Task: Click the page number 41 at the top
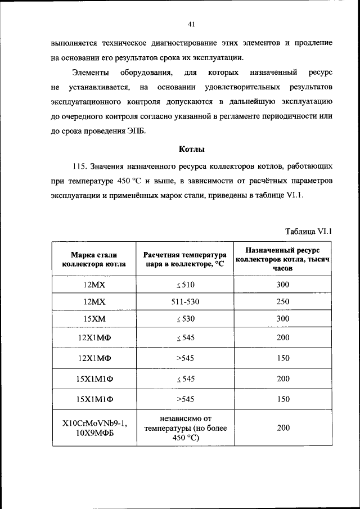pyautogui.click(x=191, y=24)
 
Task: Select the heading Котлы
pyautogui.click(x=191, y=149)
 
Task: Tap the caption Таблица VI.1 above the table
pyautogui.click(x=309, y=231)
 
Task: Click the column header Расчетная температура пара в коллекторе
pyautogui.click(x=184, y=259)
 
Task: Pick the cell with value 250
pyautogui.click(x=283, y=301)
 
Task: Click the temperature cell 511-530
pyautogui.click(x=184, y=301)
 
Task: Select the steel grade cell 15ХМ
pyautogui.click(x=94, y=319)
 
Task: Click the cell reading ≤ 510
pyautogui.click(x=184, y=285)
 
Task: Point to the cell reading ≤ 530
pyautogui.click(x=184, y=319)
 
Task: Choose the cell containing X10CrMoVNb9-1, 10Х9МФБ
pyautogui.click(x=94, y=428)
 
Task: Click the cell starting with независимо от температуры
pyautogui.click(x=184, y=428)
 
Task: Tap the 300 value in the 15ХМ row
pyautogui.click(x=283, y=319)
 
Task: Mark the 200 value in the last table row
pyautogui.click(x=283, y=428)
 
